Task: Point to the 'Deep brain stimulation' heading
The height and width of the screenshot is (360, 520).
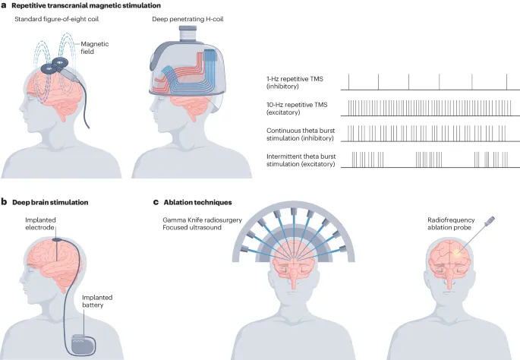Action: tap(49, 203)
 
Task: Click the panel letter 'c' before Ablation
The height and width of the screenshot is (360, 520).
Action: tap(156, 203)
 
